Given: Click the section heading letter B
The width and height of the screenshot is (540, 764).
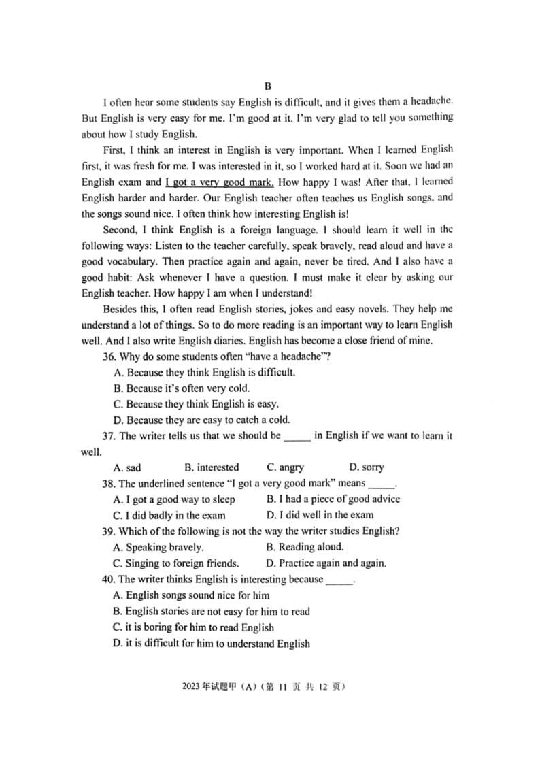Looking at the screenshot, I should [267, 86].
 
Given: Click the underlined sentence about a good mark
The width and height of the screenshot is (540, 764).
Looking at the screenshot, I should [219, 182].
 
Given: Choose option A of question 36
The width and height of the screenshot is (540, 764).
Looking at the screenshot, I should [204, 373].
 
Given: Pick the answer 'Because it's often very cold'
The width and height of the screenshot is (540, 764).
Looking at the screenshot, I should [182, 388].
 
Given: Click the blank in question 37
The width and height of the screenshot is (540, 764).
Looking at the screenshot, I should [297, 437].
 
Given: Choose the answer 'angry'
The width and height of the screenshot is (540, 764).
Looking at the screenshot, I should [286, 468].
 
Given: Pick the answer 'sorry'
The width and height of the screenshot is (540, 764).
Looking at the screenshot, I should [367, 468].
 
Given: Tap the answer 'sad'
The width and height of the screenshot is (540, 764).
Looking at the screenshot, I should [127, 468].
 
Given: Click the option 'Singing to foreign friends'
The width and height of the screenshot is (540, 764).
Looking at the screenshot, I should [176, 563].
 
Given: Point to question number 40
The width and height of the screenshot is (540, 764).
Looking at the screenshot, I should [109, 580].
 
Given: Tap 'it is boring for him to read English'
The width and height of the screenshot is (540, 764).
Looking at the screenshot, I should [194, 628].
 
